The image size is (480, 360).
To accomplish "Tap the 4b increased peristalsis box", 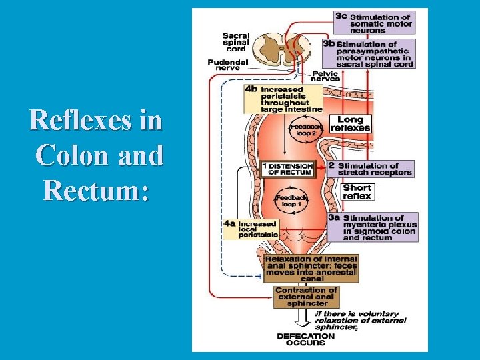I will click(283, 99).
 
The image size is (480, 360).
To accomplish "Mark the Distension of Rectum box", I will click(287, 169).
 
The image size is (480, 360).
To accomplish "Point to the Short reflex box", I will click(357, 192).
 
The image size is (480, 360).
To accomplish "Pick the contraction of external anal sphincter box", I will click(306, 297).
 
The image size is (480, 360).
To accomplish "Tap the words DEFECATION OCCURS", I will click(306, 339).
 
